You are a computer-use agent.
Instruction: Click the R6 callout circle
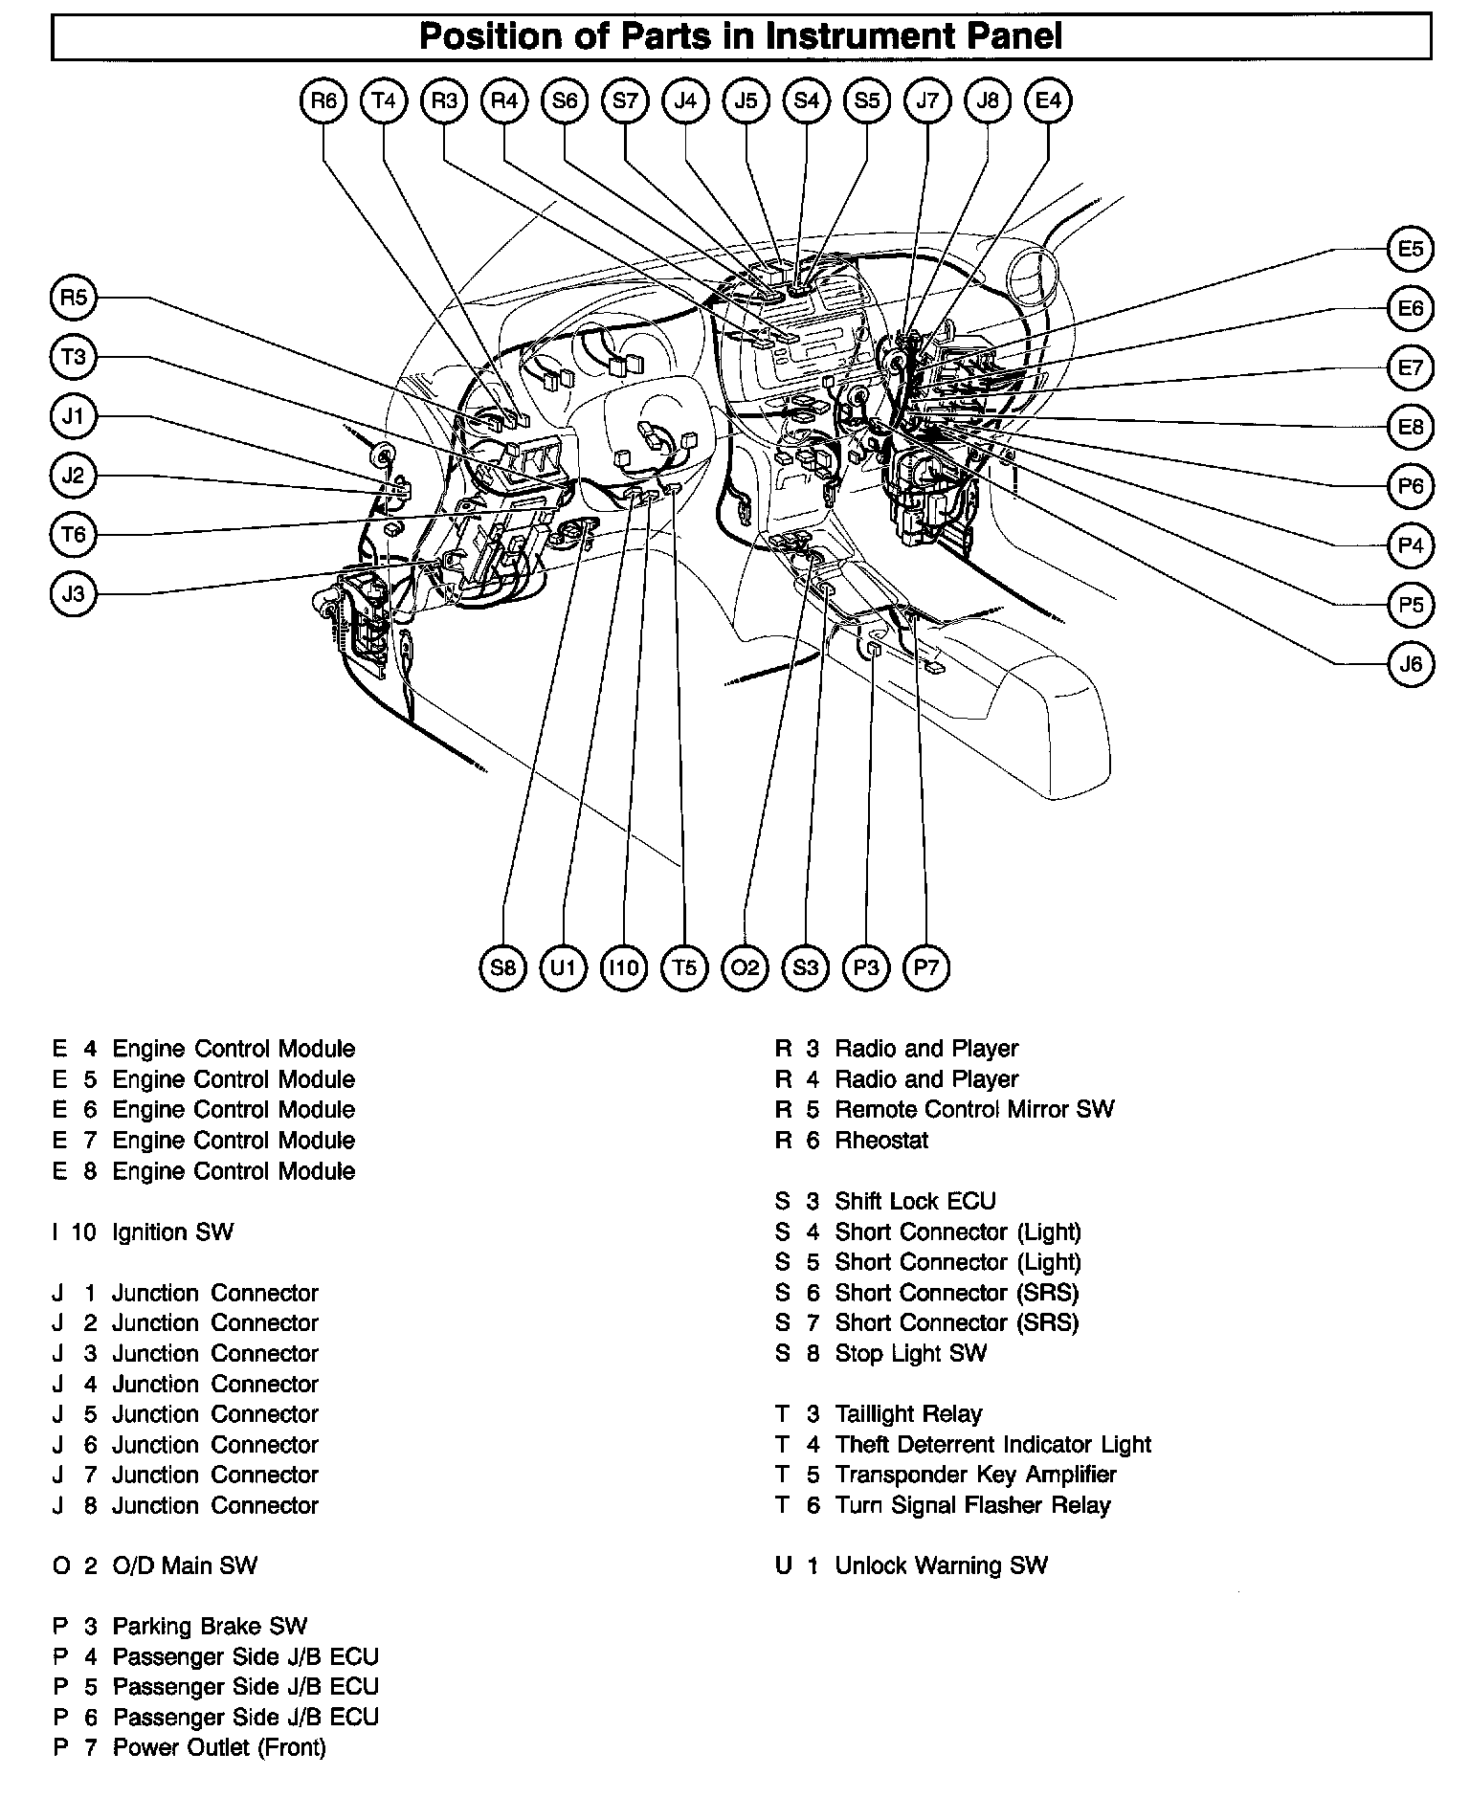click(x=323, y=100)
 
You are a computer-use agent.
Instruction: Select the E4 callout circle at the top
click(x=1048, y=100)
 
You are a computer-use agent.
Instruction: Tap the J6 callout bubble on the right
click(x=1411, y=664)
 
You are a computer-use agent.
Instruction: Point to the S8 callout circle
click(x=503, y=968)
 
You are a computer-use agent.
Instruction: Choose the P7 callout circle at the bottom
click(x=926, y=968)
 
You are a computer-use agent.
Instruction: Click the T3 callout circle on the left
click(x=74, y=358)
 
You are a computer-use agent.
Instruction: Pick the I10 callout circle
click(x=624, y=968)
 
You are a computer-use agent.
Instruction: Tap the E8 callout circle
click(x=1411, y=427)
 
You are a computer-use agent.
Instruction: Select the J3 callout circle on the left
click(x=74, y=594)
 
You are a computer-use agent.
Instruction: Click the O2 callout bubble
click(x=745, y=968)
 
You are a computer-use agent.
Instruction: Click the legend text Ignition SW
click(x=172, y=1232)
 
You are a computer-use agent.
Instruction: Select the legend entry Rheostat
click(x=881, y=1141)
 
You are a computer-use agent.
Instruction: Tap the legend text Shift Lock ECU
click(x=915, y=1202)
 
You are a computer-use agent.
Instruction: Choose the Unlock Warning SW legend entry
click(x=941, y=1566)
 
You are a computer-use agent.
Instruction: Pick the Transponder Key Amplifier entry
click(x=975, y=1476)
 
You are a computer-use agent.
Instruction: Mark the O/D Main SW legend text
click(x=185, y=1566)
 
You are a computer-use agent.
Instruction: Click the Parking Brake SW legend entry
click(x=210, y=1627)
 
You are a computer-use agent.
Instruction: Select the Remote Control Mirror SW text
click(x=974, y=1110)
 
